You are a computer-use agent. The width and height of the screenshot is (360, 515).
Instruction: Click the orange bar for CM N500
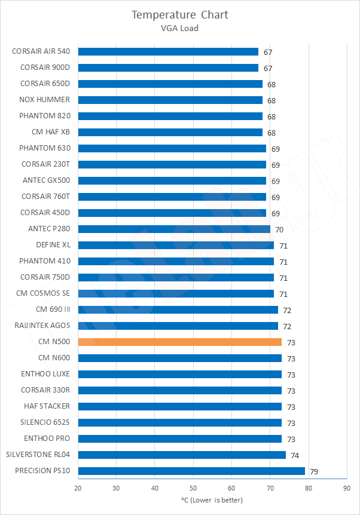tap(179, 342)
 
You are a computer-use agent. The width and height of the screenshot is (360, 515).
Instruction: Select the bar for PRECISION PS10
tap(191, 471)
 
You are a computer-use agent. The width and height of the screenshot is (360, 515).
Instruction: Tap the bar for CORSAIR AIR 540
tap(168, 51)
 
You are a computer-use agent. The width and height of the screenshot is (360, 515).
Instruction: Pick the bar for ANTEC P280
tap(174, 229)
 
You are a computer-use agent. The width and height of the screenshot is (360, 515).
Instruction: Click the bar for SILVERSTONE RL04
tap(182, 455)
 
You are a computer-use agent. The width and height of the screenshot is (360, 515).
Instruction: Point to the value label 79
tap(314, 471)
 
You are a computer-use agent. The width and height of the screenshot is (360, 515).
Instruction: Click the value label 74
tap(295, 455)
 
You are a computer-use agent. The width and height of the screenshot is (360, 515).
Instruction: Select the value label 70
tap(279, 229)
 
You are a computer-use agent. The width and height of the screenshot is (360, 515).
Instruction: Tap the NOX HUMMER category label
tap(44, 100)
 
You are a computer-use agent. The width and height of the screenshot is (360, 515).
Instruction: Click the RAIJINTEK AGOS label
tap(42, 326)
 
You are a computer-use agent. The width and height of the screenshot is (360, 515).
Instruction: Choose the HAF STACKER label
tap(46, 406)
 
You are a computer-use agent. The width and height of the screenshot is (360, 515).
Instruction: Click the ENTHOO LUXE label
tap(45, 374)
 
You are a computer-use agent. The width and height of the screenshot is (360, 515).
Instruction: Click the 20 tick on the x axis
tap(78, 488)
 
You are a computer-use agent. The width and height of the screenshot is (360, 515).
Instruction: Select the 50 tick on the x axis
tap(193, 488)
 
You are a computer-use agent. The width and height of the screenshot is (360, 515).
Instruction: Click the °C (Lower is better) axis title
tap(212, 500)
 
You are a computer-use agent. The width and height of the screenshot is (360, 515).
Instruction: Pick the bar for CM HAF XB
tap(170, 132)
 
